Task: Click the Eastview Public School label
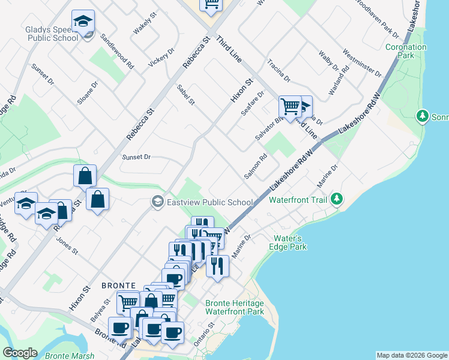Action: pyautogui.click(x=209, y=202)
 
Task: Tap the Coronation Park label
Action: pyautogui.click(x=406, y=51)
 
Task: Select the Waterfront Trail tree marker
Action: pyautogui.click(x=337, y=198)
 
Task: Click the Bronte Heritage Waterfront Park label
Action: pyautogui.click(x=234, y=307)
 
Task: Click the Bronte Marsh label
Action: pyautogui.click(x=70, y=356)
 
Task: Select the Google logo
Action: pyautogui.click(x=20, y=353)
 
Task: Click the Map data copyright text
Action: pyautogui.click(x=411, y=355)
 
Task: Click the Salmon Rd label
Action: pyautogui.click(x=255, y=167)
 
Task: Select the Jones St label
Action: pyautogui.click(x=67, y=246)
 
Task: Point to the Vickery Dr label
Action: pyautogui.click(x=161, y=62)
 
